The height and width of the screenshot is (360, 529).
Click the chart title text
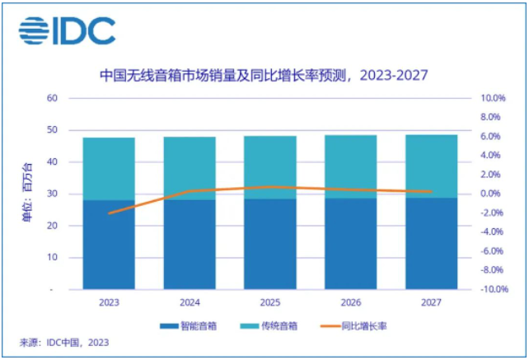click(263, 76)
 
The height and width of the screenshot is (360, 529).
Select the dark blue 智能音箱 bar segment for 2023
click(110, 245)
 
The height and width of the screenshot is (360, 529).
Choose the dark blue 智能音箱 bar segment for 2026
click(352, 244)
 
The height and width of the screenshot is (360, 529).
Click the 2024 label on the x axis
click(190, 302)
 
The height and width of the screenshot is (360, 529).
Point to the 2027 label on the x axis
click(433, 302)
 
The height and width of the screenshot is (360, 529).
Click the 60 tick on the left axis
click(52, 98)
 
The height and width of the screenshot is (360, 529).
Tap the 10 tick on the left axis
click(52, 258)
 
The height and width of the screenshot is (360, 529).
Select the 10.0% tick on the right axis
click(493, 98)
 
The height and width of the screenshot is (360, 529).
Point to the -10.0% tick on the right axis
click(491, 290)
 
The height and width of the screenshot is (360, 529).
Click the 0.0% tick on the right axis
click(493, 194)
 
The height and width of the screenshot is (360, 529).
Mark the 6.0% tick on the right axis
click(493, 137)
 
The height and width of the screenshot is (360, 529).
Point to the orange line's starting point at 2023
click(110, 213)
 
